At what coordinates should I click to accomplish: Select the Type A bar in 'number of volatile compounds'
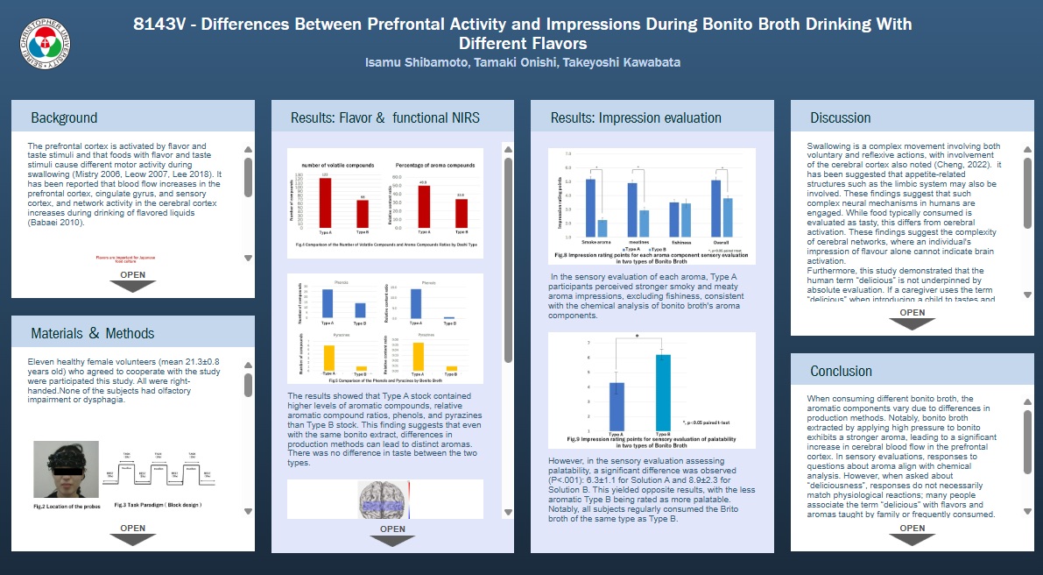pos(325,202)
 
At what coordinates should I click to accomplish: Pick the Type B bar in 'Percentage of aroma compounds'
pos(461,213)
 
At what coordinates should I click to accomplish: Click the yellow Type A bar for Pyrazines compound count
pos(330,358)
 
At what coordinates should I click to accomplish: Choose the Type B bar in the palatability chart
pos(663,392)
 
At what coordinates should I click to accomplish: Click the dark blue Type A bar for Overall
pos(715,208)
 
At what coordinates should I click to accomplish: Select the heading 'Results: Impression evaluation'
pos(636,117)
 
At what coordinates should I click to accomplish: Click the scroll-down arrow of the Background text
pos(248,258)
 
